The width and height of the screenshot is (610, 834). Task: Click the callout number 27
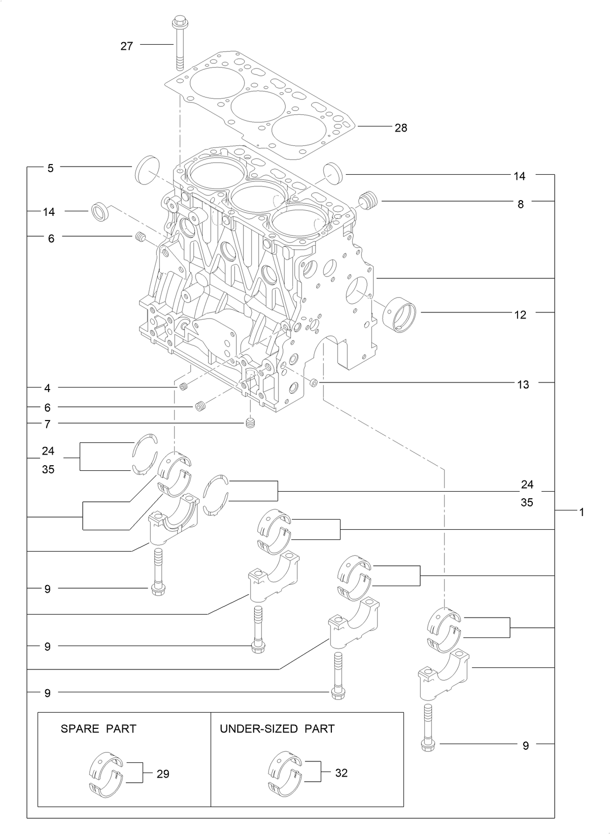pyautogui.click(x=126, y=46)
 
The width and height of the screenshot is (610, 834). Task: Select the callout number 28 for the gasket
pyautogui.click(x=401, y=128)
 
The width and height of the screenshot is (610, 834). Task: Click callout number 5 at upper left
pyautogui.click(x=50, y=168)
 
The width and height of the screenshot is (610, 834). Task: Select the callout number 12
pyautogui.click(x=520, y=315)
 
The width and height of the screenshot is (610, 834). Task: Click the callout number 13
pyautogui.click(x=523, y=384)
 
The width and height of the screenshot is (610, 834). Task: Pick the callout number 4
pyautogui.click(x=48, y=389)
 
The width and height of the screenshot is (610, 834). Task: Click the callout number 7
pyautogui.click(x=48, y=424)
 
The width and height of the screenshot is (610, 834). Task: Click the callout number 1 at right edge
pyautogui.click(x=582, y=512)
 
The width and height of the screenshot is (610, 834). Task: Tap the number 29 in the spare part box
pyautogui.click(x=163, y=774)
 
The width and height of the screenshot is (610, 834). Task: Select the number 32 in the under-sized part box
pyautogui.click(x=342, y=773)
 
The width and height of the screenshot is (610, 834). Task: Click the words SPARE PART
pyautogui.click(x=98, y=729)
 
